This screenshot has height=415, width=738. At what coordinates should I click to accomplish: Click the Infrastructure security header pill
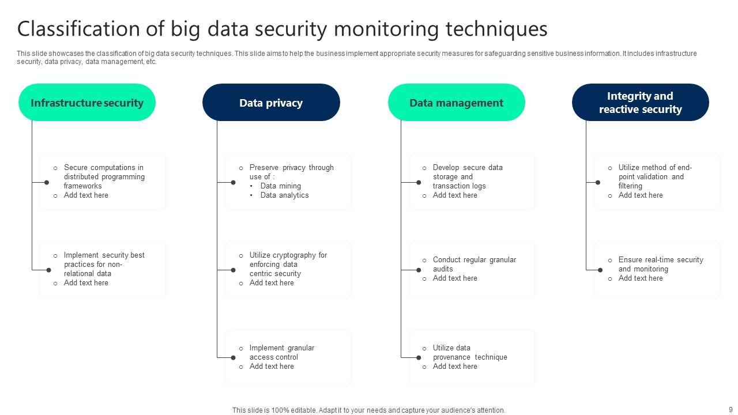[x=87, y=103]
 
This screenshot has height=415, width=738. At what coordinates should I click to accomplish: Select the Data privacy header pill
[x=271, y=103]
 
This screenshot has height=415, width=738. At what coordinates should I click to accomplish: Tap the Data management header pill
[x=456, y=103]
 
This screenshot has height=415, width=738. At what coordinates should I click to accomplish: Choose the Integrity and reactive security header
[x=640, y=103]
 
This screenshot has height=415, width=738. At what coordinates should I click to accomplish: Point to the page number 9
[x=731, y=409]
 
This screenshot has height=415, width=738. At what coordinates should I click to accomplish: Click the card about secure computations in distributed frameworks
[x=103, y=182]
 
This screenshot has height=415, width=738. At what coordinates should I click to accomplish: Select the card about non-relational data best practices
[x=103, y=269]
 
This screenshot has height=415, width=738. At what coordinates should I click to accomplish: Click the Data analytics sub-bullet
[x=284, y=195]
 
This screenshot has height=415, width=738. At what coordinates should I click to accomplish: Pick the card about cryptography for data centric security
[x=288, y=269]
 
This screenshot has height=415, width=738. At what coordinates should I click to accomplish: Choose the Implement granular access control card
[x=288, y=357]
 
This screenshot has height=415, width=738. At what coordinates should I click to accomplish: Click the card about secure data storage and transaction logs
[x=472, y=182]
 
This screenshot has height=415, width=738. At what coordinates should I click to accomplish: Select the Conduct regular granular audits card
[x=472, y=269]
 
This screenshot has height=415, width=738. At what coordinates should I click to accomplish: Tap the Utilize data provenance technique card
[x=472, y=357]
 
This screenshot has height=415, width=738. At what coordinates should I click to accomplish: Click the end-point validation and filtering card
[x=657, y=182]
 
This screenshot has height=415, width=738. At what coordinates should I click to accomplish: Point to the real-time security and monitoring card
[x=657, y=269]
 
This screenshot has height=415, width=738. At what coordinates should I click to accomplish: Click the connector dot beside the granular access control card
[x=233, y=358]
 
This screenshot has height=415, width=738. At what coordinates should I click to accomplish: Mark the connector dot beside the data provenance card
[x=419, y=358]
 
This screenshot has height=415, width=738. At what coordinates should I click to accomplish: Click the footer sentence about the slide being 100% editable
[x=368, y=410]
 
